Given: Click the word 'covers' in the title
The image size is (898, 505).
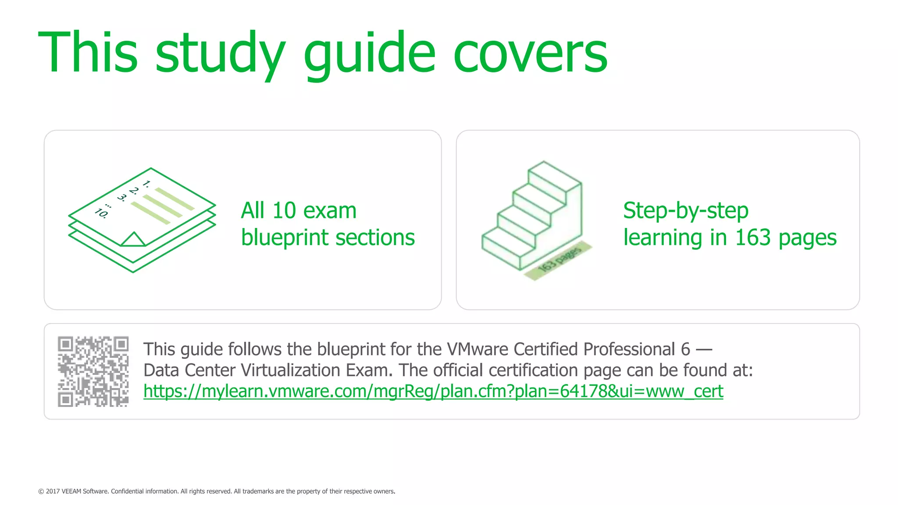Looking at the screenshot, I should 530,53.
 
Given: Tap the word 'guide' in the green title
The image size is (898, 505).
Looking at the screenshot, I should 369,53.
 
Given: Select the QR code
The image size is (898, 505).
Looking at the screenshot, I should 93,371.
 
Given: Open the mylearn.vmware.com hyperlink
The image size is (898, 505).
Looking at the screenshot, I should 433,391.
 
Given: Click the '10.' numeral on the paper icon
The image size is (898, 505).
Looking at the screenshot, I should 101,213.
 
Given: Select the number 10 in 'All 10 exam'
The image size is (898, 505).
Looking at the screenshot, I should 284,211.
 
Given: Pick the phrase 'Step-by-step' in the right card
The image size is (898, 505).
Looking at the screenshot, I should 685,211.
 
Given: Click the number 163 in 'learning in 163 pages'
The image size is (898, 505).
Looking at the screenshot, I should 752,238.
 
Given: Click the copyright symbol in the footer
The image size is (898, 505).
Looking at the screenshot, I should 41,491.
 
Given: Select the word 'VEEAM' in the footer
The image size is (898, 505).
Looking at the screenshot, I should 71,491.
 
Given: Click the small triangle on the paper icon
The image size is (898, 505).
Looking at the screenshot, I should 133,240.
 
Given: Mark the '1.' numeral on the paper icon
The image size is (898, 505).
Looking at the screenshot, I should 146,184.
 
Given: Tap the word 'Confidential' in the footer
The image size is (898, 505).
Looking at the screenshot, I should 127,491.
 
